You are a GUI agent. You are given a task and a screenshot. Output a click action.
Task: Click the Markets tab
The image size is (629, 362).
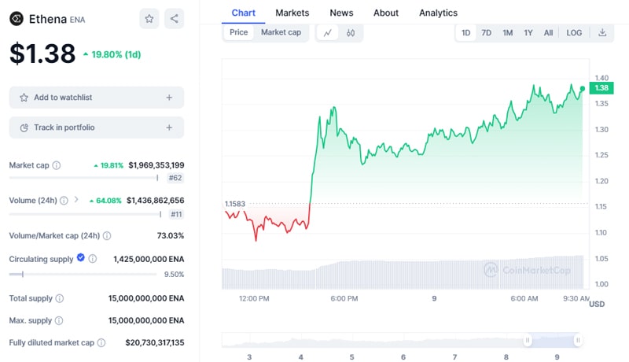pos(292,13)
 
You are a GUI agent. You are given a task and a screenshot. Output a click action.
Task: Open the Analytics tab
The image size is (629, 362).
pos(438,13)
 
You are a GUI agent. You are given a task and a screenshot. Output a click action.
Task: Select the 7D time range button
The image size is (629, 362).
pos(486,33)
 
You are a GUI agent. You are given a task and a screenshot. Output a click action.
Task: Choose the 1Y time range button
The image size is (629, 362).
pos(528,33)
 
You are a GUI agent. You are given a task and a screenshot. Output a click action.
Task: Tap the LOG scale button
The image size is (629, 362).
pos(574,33)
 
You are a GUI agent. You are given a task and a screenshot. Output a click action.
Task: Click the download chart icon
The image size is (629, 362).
pos(602,33)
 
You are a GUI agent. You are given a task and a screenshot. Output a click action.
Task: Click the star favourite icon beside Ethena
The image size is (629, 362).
pos(149,18)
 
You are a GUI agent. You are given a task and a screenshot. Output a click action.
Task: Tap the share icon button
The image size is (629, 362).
pos(174,18)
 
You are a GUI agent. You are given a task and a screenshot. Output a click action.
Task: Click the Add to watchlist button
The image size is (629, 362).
pos(96,98)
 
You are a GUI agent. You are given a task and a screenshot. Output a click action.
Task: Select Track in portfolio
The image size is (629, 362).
pos(96,127)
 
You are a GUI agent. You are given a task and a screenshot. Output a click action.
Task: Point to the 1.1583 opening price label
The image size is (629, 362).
pos(234,204)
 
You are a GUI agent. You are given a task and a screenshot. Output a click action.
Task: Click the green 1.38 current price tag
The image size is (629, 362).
pos(601,88)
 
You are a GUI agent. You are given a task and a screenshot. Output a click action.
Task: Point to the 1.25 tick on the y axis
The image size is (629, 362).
pos(601,155)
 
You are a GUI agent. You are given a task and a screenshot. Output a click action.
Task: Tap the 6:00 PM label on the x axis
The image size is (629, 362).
pos(344,299)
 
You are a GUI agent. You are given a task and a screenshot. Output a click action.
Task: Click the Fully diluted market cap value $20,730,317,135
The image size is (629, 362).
pos(154,342)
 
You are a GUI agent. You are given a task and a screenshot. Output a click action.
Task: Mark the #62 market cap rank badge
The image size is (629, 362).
pos(175,179)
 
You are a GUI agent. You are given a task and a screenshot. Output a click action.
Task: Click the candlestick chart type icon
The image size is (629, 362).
pos(351,33)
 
